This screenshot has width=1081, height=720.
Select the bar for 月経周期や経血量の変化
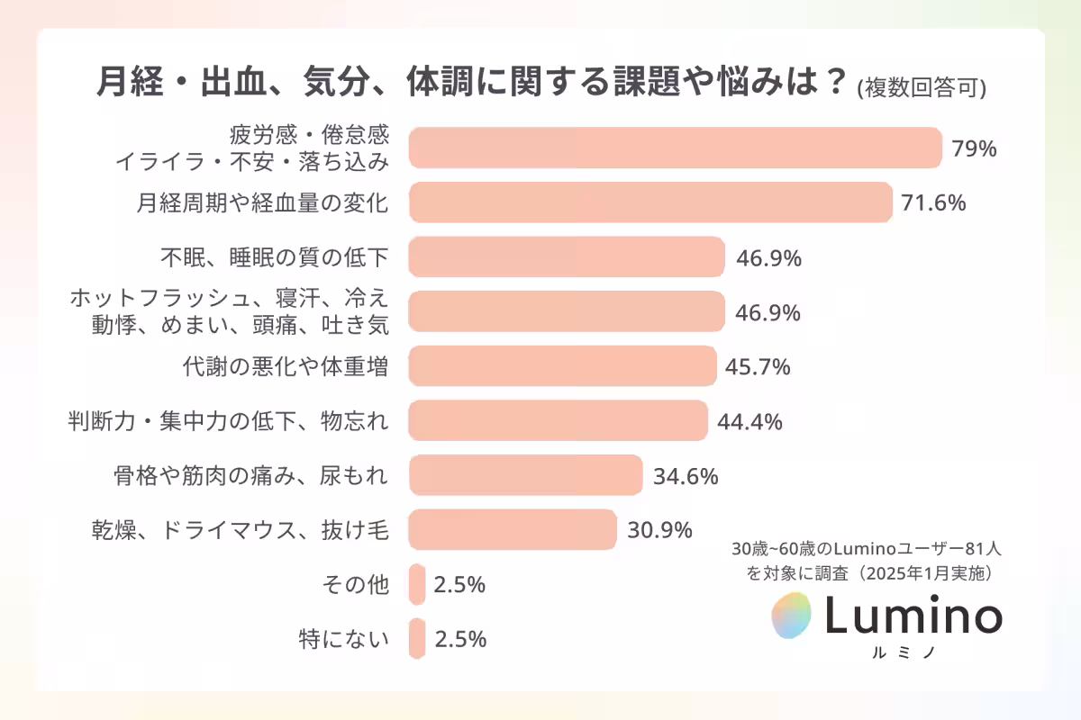click(x=650, y=202)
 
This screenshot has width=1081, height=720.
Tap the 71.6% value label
click(x=933, y=202)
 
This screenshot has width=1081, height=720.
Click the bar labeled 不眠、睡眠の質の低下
click(x=567, y=257)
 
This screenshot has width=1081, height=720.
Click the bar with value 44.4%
click(x=558, y=420)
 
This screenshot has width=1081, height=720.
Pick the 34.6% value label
click(x=685, y=475)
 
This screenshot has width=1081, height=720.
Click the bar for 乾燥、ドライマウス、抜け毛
click(x=512, y=529)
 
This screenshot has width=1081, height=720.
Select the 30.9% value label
click(x=659, y=529)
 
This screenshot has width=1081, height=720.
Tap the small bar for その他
click(x=416, y=584)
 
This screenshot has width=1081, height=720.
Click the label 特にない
click(x=343, y=639)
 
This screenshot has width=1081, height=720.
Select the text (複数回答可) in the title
click(x=921, y=87)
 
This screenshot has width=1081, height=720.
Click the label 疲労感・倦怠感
click(x=309, y=136)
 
